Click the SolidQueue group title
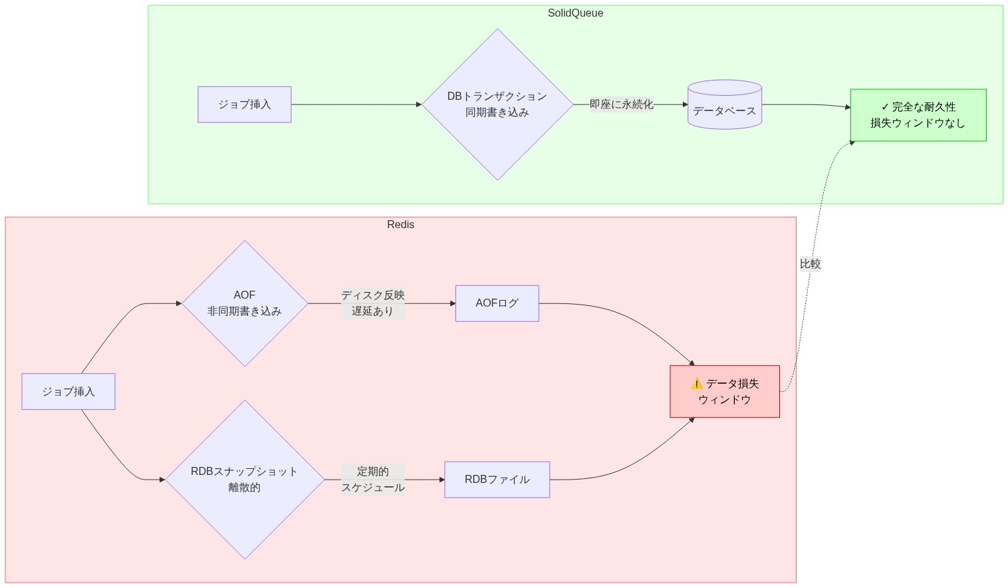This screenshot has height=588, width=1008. pos(575,13)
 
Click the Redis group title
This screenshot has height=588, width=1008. pos(400,225)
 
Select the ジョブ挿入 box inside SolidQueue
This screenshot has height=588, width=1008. pos(244,104)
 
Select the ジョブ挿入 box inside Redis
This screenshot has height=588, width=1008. pos(68,392)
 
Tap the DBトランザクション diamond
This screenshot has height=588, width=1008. pos(497,104)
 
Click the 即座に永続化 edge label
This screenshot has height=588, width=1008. pos(621,104)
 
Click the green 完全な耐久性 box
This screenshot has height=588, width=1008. pos(918,115)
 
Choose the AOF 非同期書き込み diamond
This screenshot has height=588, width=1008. pos(245,303)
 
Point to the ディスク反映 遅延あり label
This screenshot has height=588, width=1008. pos(372,303)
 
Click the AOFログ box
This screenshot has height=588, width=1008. pos(497,303)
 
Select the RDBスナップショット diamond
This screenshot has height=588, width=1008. pos(245,480)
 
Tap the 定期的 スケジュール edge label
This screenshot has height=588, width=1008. pos(372,480)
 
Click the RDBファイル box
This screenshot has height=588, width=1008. pos(497,480)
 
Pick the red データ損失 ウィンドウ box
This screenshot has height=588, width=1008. pos(724,392)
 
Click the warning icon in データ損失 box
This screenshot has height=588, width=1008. pos(696,384)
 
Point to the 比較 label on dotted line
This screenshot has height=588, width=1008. pos(810,264)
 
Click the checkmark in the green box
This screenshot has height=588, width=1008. pos(884,107)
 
